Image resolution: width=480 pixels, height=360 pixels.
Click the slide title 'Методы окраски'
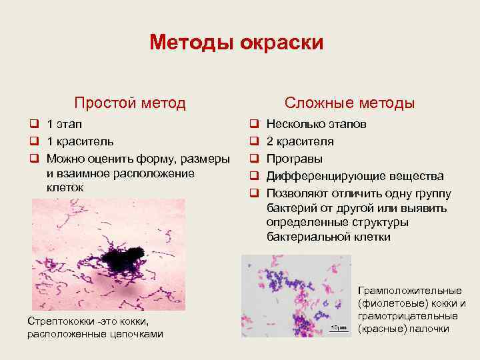coord(237,43)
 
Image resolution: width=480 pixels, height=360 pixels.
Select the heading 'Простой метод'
coord(130,103)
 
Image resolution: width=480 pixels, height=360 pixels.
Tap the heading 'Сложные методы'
coord(349,103)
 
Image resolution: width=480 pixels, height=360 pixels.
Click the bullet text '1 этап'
coord(66,125)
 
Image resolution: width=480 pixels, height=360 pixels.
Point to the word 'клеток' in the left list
coord(65,188)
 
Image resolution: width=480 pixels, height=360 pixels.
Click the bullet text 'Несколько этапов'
coord(316,125)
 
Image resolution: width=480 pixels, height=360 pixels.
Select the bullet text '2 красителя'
coord(300,141)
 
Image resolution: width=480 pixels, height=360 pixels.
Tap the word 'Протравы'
coord(295,159)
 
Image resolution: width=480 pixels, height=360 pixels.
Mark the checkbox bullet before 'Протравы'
coord(253,159)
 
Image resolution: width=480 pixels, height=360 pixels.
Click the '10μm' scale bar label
coord(338,327)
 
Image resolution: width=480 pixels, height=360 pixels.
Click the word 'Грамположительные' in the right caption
coord(410,291)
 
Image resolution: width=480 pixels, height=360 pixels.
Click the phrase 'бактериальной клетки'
coord(328,237)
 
